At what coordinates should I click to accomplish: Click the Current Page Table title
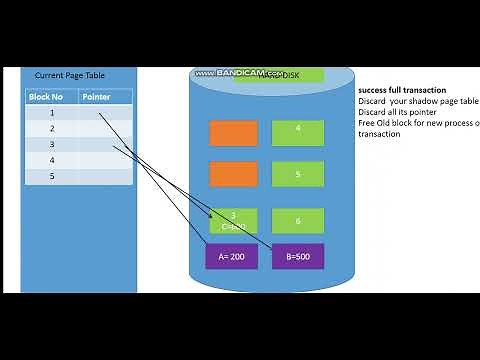point(69,75)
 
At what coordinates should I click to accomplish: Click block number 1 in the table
point(52,113)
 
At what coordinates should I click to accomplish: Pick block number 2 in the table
point(52,129)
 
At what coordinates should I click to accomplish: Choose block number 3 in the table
point(52,145)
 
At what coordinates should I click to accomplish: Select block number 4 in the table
point(52,160)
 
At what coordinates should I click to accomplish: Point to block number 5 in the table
point(52,176)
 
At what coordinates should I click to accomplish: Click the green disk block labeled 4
point(298,132)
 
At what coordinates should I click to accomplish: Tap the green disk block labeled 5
point(298,174)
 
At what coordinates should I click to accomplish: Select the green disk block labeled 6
point(298,220)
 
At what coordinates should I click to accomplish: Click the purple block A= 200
point(232,256)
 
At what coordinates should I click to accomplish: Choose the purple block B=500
point(298,256)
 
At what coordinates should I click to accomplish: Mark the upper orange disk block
point(233,132)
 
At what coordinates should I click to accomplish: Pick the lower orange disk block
point(233,174)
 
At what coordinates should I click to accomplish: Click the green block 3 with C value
point(233,220)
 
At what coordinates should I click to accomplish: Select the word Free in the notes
point(366,123)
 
